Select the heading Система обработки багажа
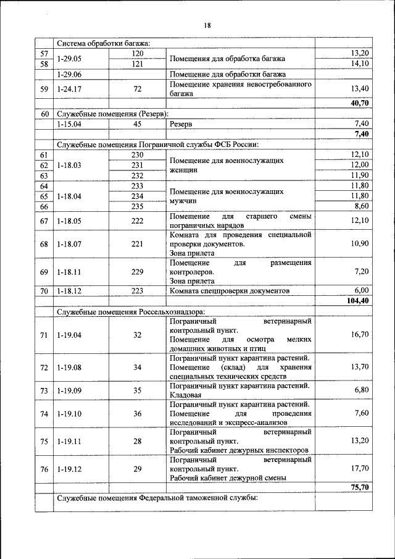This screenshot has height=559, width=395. pyautogui.click(x=104, y=43)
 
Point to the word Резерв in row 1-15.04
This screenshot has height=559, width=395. pyautogui.click(x=180, y=124)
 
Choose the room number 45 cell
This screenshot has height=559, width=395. pyautogui.click(x=137, y=124)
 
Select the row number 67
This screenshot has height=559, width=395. pyautogui.click(x=44, y=221)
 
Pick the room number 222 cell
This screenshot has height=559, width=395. pyautogui.click(x=137, y=221)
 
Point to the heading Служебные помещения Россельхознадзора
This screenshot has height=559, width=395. pyautogui.click(x=131, y=311)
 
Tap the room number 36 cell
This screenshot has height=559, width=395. pyautogui.click(x=137, y=413)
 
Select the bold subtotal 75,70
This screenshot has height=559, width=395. pyautogui.click(x=359, y=487)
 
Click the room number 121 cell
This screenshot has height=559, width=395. pyautogui.click(x=137, y=64)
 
